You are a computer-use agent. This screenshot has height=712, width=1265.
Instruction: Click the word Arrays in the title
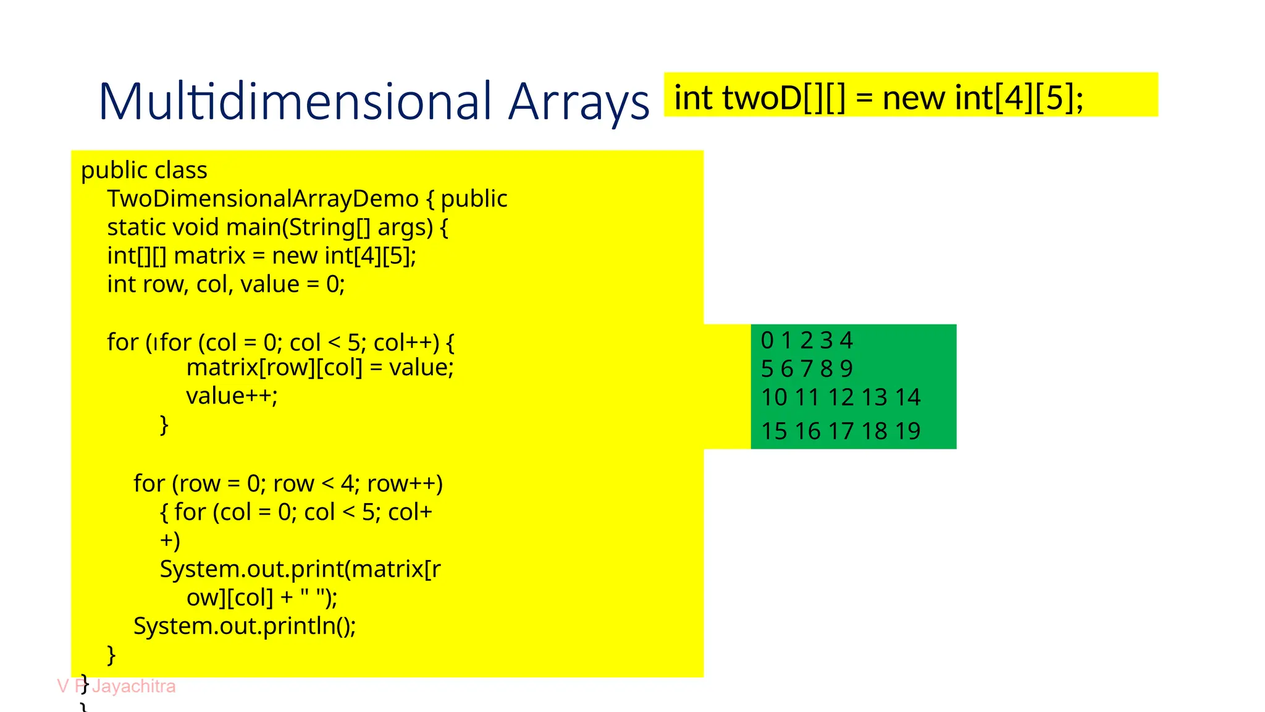pyautogui.click(x=579, y=102)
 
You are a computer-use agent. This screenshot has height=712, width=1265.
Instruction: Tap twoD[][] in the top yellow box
pyautogui.click(x=783, y=98)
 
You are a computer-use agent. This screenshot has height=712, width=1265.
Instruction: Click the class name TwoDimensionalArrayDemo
pyautogui.click(x=263, y=199)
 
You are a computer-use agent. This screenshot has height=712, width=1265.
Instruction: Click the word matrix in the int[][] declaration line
pyautogui.click(x=210, y=256)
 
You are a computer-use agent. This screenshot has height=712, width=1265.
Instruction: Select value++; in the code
pyautogui.click(x=232, y=396)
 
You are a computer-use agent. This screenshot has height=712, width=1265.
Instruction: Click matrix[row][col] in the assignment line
pyautogui.click(x=274, y=368)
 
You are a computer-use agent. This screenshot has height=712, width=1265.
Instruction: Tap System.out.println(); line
pyautogui.click(x=245, y=626)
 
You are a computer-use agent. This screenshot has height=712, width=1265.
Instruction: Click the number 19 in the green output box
pyautogui.click(x=907, y=431)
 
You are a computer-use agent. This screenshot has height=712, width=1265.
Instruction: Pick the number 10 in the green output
pyautogui.click(x=774, y=397)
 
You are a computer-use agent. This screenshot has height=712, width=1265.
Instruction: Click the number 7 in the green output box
pyautogui.click(x=807, y=369)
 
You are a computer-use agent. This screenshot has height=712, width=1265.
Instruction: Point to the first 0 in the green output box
pyautogui.click(x=767, y=341)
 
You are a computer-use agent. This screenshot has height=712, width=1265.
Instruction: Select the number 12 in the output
pyautogui.click(x=841, y=397)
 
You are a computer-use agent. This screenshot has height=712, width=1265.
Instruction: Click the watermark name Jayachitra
pyautogui.click(x=134, y=686)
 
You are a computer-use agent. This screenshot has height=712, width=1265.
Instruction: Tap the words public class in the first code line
pyautogui.click(x=144, y=171)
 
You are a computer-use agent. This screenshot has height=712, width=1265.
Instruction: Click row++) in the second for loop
pyautogui.click(x=405, y=484)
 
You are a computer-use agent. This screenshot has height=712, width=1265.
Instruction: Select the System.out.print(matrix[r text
pyautogui.click(x=300, y=569)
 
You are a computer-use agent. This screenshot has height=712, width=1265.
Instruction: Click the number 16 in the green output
pyautogui.click(x=807, y=431)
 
